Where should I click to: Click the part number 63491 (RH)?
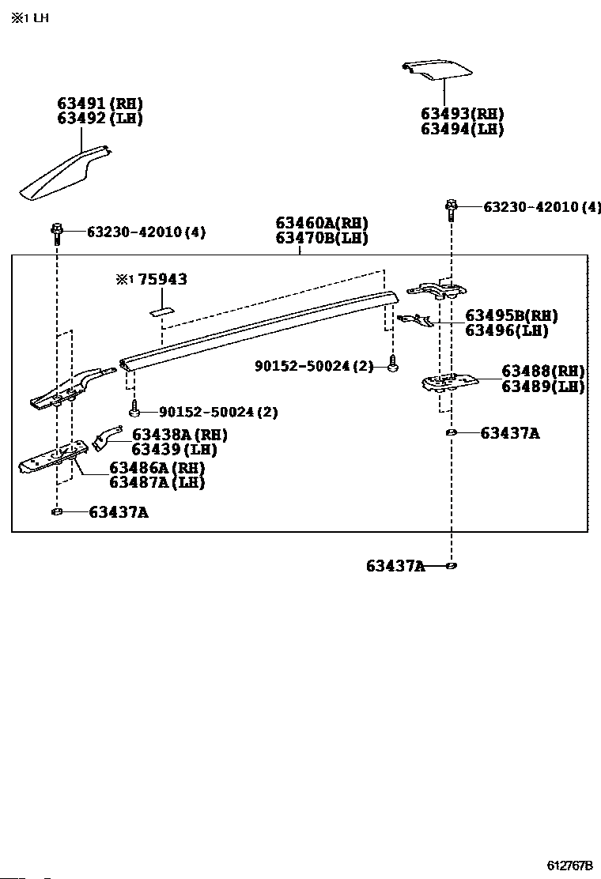pos(100,104)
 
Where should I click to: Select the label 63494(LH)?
pos(462,130)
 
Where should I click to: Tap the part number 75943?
pos(161,280)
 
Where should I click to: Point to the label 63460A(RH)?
pos(322,224)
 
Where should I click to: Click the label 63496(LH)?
pos(506,330)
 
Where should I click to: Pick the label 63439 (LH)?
pos(173,449)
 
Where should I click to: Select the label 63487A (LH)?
pos(157,482)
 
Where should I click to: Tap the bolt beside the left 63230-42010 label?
pos(58,232)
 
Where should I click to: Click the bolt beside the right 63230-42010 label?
pos(451,207)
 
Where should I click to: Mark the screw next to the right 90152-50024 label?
pos(392,365)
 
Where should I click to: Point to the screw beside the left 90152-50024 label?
pos(135,411)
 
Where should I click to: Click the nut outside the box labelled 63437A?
pos(451,566)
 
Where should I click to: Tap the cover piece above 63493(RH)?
pos(434,70)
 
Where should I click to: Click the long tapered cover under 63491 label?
pos(63,174)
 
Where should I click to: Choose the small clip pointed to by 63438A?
pos(106,437)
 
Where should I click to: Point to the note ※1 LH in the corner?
pos(29,17)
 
